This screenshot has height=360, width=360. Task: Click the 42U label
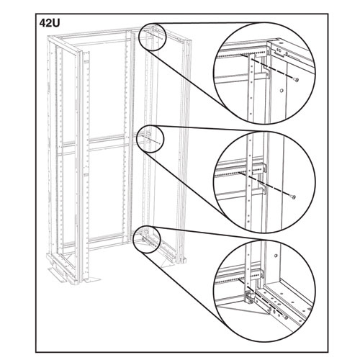point(49,23)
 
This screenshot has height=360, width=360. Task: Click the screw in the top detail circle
point(297,80)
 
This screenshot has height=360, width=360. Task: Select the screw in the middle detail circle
point(294,197)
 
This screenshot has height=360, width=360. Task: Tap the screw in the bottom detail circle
point(286,318)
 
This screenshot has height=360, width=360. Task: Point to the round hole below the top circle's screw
point(282,91)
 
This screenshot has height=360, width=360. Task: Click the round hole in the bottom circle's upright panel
point(276,256)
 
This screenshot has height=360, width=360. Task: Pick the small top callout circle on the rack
point(153,37)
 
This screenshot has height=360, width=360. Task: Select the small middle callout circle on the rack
point(150,139)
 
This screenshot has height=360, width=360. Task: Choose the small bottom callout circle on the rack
point(147,240)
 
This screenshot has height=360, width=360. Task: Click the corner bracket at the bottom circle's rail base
point(249,298)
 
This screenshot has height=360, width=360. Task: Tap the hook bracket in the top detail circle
point(266,72)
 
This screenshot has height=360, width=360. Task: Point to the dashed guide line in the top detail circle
point(268,68)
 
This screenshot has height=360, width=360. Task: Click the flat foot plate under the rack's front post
point(92,280)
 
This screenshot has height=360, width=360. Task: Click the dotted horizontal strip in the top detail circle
point(240,55)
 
